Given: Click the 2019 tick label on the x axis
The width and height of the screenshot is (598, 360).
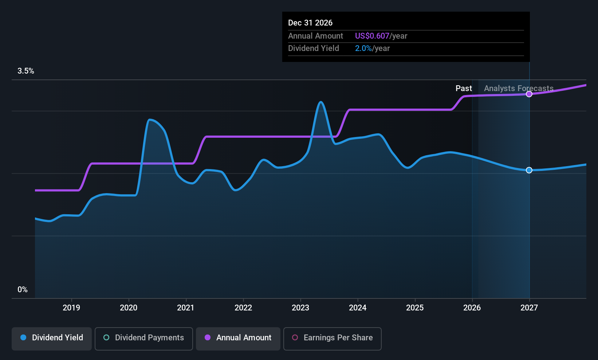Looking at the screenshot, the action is pyautogui.click(x=71, y=308).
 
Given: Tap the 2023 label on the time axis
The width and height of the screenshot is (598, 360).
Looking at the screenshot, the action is pyautogui.click(x=300, y=308).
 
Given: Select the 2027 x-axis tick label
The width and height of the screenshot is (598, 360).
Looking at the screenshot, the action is pyautogui.click(x=529, y=308).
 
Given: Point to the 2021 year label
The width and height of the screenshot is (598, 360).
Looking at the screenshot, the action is pyautogui.click(x=185, y=308).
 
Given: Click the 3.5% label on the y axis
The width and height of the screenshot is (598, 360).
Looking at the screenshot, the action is pyautogui.click(x=25, y=71).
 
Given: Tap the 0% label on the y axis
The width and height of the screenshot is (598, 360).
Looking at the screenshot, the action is pyautogui.click(x=23, y=290).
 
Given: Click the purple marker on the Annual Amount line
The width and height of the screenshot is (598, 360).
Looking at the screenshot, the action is pyautogui.click(x=529, y=94).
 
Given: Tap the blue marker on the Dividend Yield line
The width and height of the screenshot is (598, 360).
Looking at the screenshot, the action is pyautogui.click(x=529, y=170).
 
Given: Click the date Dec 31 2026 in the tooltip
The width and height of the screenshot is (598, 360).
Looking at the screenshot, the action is pyautogui.click(x=310, y=23).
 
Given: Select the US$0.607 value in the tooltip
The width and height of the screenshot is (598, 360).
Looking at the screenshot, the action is pyautogui.click(x=372, y=36).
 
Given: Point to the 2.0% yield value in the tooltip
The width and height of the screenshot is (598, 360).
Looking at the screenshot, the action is pyautogui.click(x=363, y=48).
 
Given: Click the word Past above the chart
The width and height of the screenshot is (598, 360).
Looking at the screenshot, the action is pyautogui.click(x=464, y=89).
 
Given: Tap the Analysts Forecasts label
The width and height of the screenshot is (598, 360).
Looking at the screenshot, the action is pyautogui.click(x=519, y=89).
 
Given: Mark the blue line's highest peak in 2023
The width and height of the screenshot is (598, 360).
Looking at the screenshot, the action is pyautogui.click(x=320, y=102).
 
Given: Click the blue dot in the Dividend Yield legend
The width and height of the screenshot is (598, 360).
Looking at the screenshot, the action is pyautogui.click(x=24, y=337).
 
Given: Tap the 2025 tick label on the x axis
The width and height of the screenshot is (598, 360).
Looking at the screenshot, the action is pyautogui.click(x=415, y=308).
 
